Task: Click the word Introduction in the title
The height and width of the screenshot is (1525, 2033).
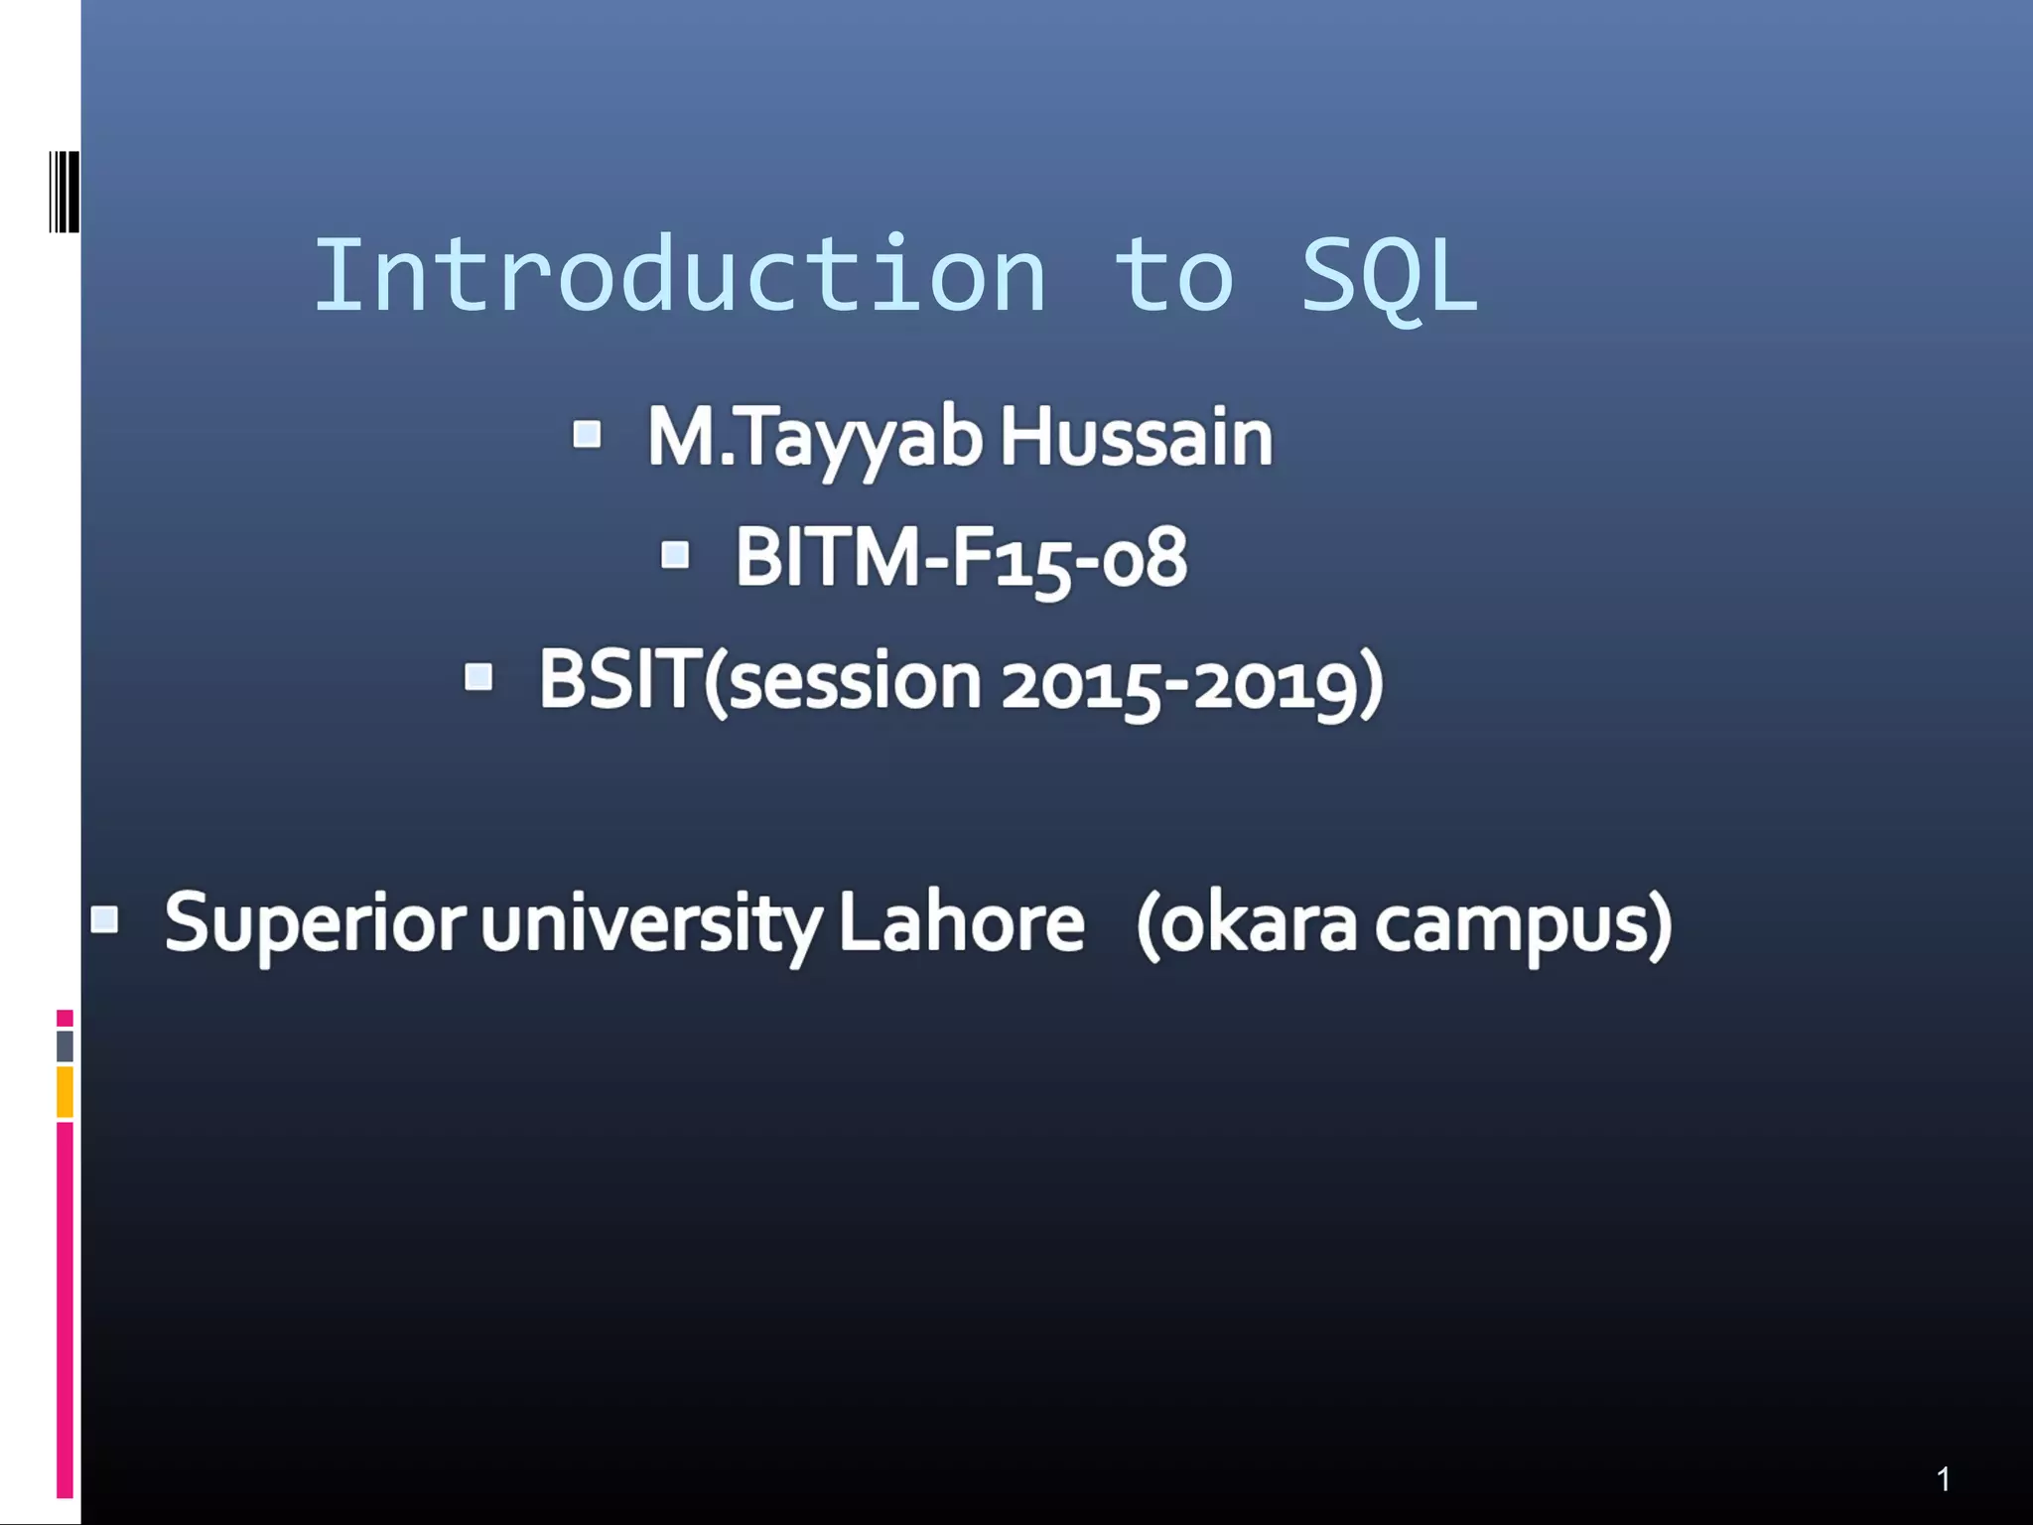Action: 680,276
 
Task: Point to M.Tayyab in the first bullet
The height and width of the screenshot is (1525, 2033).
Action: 815,439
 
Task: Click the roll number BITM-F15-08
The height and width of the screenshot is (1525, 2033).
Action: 960,559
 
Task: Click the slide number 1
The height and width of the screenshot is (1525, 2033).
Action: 1943,1479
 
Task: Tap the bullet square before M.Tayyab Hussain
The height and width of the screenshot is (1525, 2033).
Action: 587,434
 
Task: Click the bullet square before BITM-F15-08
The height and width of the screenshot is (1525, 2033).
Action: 675,554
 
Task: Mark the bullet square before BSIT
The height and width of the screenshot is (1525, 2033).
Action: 478,677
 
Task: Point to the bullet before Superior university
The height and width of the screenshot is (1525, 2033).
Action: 105,919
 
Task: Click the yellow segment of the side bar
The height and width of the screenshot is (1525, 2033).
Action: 65,1091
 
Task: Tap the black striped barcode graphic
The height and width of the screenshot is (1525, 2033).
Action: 65,192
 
